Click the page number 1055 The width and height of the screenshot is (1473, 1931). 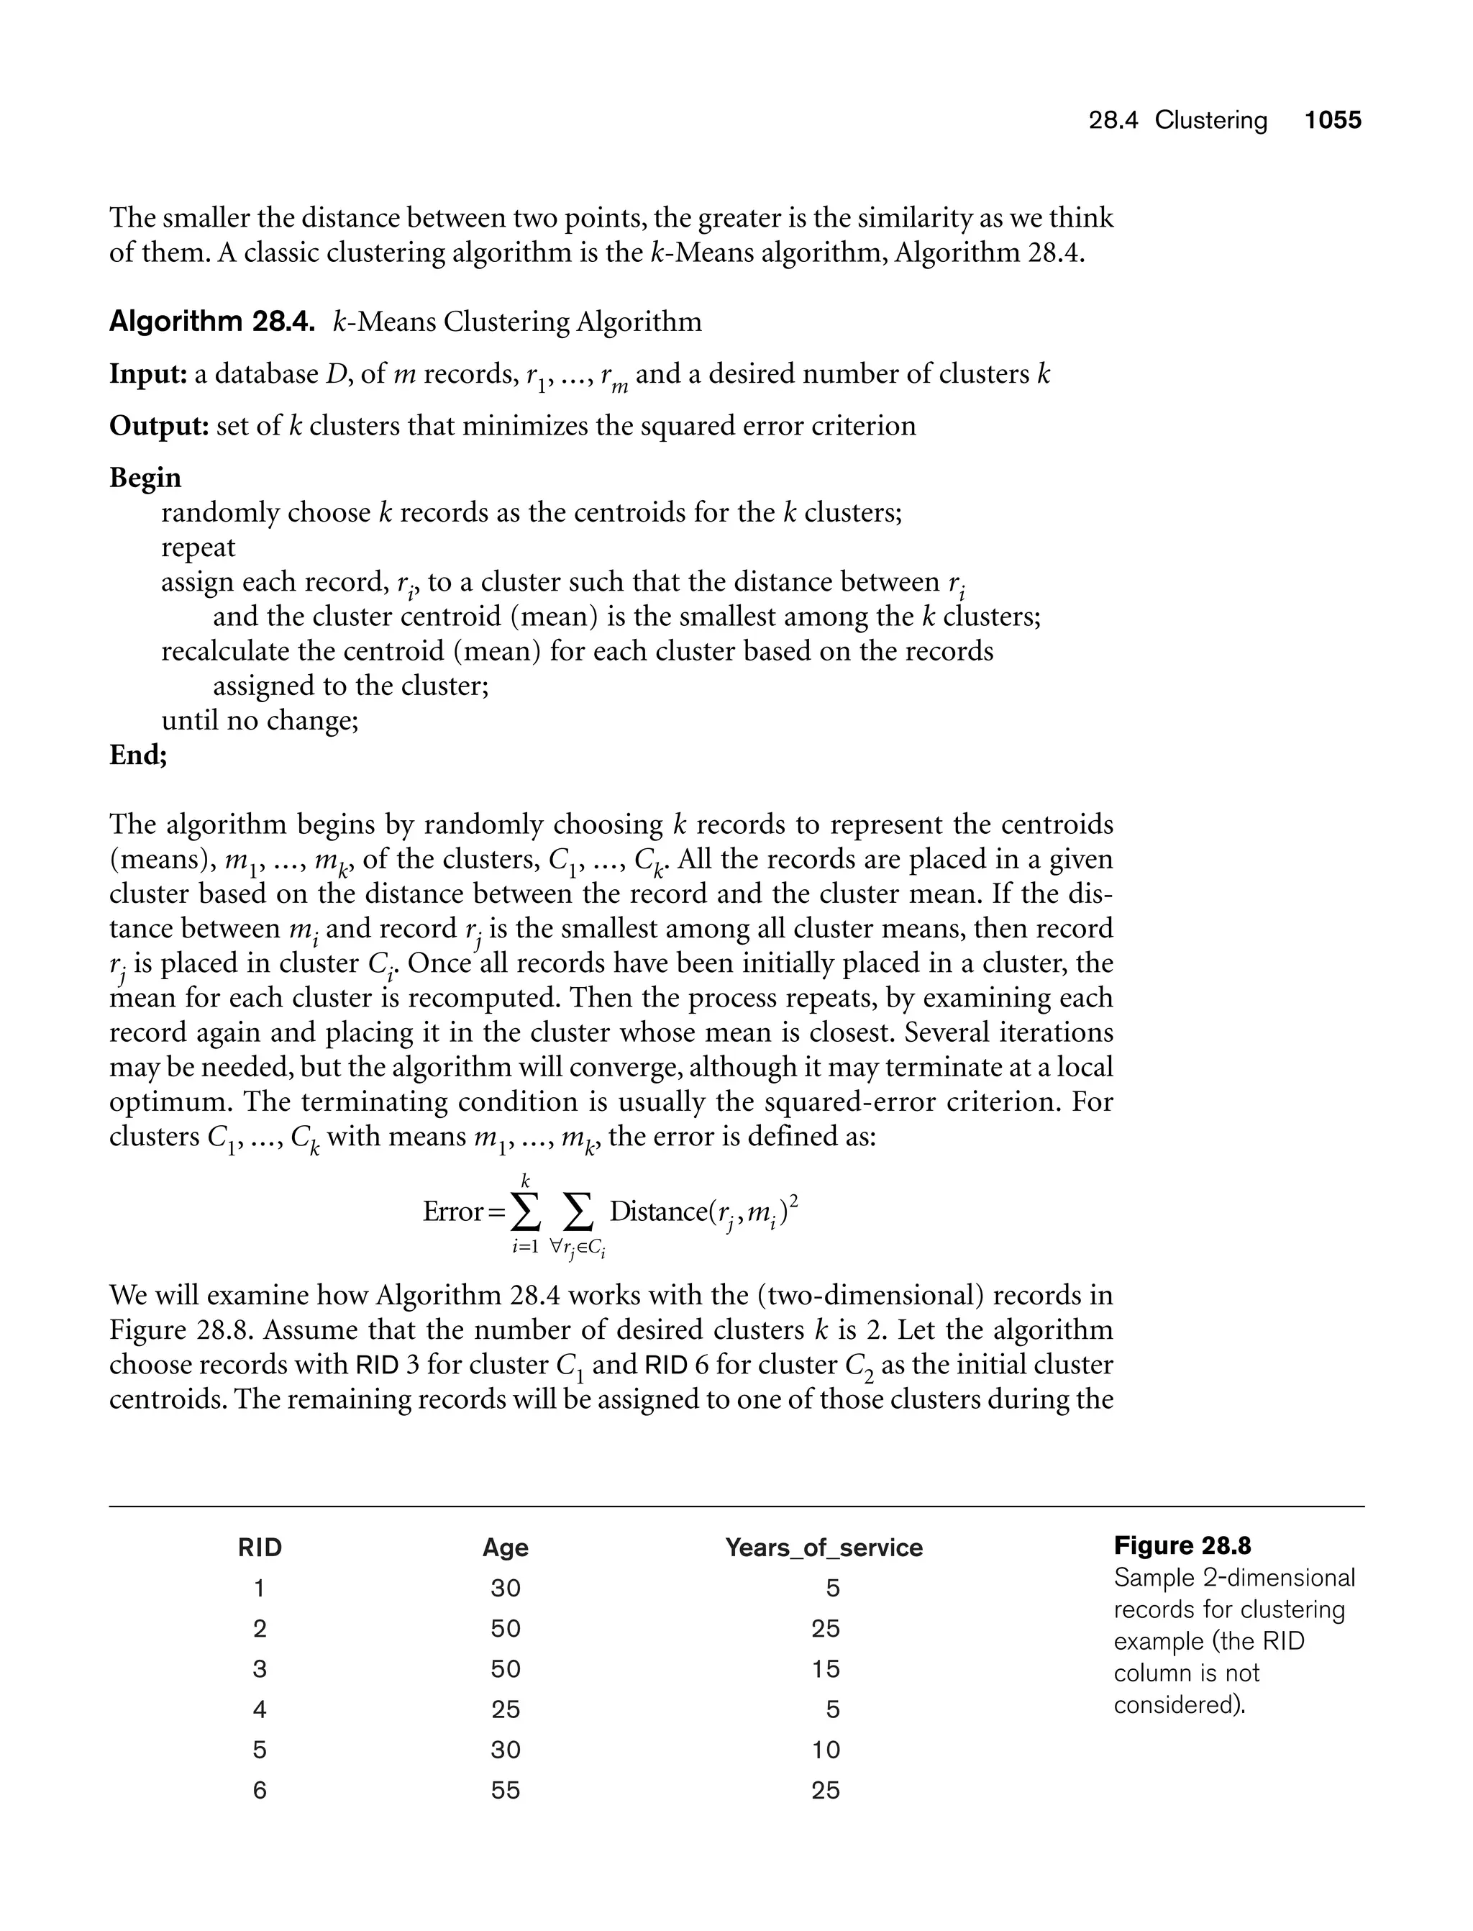[x=1332, y=120]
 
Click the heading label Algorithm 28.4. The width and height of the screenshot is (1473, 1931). [x=211, y=322]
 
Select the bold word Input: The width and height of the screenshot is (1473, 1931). [x=147, y=374]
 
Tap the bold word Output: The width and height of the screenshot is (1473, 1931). [x=158, y=426]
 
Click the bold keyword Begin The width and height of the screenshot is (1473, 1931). [x=145, y=478]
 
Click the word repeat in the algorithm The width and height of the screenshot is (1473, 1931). [x=199, y=548]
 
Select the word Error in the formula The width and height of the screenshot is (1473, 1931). [x=452, y=1212]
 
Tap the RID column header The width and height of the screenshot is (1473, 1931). [x=260, y=1548]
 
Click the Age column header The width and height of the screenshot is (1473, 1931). [x=505, y=1548]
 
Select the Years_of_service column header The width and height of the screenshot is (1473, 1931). [x=824, y=1548]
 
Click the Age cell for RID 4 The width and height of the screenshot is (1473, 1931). [x=506, y=1709]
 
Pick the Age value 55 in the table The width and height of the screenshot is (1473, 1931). [x=506, y=1790]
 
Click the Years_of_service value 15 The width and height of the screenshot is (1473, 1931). [x=825, y=1669]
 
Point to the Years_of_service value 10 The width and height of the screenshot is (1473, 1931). [x=825, y=1750]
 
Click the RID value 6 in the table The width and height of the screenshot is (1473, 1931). [x=260, y=1790]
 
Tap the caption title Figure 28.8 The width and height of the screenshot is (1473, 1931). [x=1182, y=1546]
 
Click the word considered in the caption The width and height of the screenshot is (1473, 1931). [x=1177, y=1705]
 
